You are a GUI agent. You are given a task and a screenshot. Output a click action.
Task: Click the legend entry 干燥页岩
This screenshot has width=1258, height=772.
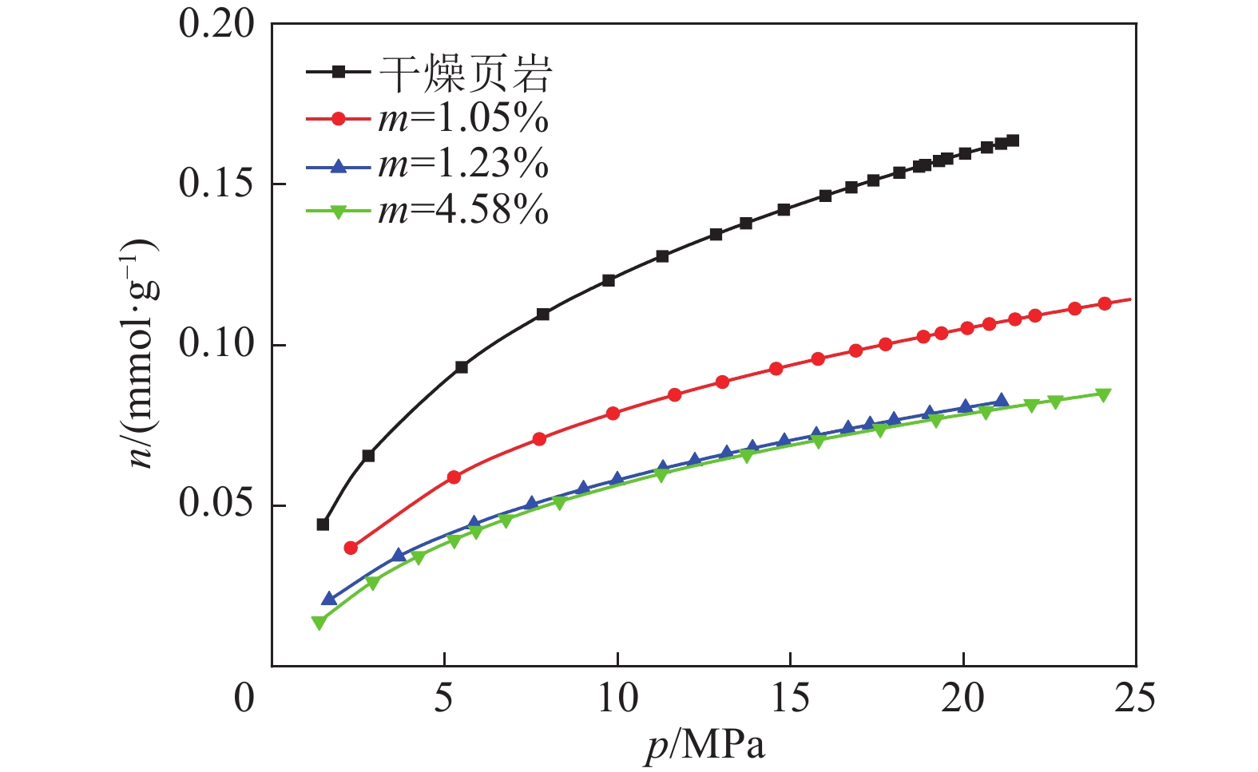(465, 73)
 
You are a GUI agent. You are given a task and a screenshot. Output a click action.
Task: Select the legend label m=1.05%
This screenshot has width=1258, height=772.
(463, 119)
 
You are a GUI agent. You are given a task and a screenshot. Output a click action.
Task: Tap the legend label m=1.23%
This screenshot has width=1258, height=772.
(463, 165)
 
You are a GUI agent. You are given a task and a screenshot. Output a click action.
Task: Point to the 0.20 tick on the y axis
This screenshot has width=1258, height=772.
(216, 23)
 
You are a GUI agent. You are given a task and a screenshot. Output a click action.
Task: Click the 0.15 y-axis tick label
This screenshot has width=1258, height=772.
(216, 184)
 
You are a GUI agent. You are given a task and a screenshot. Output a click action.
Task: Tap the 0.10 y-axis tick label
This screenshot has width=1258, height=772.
(216, 344)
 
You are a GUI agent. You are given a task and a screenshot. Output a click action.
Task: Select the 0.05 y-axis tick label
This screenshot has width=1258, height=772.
(216, 505)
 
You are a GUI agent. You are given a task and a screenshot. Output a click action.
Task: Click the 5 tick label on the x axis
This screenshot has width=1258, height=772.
(444, 699)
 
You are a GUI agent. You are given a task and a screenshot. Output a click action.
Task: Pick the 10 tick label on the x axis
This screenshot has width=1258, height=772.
(617, 699)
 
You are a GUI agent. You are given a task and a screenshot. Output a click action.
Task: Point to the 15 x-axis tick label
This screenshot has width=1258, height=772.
(790, 699)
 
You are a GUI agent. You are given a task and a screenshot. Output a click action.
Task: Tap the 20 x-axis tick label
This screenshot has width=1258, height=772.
(963, 699)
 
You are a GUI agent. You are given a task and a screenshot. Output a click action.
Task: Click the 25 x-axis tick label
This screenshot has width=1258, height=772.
(1135, 699)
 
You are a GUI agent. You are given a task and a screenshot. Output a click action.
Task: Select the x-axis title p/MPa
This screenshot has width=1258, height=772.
(704, 746)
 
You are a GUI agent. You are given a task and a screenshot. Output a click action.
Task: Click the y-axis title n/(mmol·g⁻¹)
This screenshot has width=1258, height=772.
(145, 352)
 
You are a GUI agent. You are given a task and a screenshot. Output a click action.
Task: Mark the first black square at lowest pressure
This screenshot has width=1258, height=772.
(323, 525)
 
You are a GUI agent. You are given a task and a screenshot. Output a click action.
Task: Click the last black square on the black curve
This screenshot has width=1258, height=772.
(1013, 141)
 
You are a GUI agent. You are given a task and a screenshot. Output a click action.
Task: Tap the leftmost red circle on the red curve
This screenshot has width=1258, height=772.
(351, 548)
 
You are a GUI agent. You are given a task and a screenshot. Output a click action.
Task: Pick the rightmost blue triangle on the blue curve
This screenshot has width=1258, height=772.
(1002, 401)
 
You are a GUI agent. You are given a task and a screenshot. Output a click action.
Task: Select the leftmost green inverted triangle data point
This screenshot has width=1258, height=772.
(319, 623)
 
